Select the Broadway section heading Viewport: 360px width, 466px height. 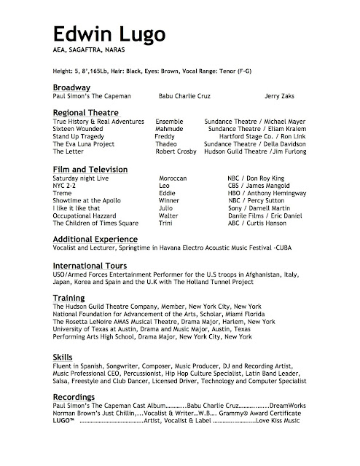74,87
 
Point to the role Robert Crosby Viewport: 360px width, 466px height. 176,153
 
